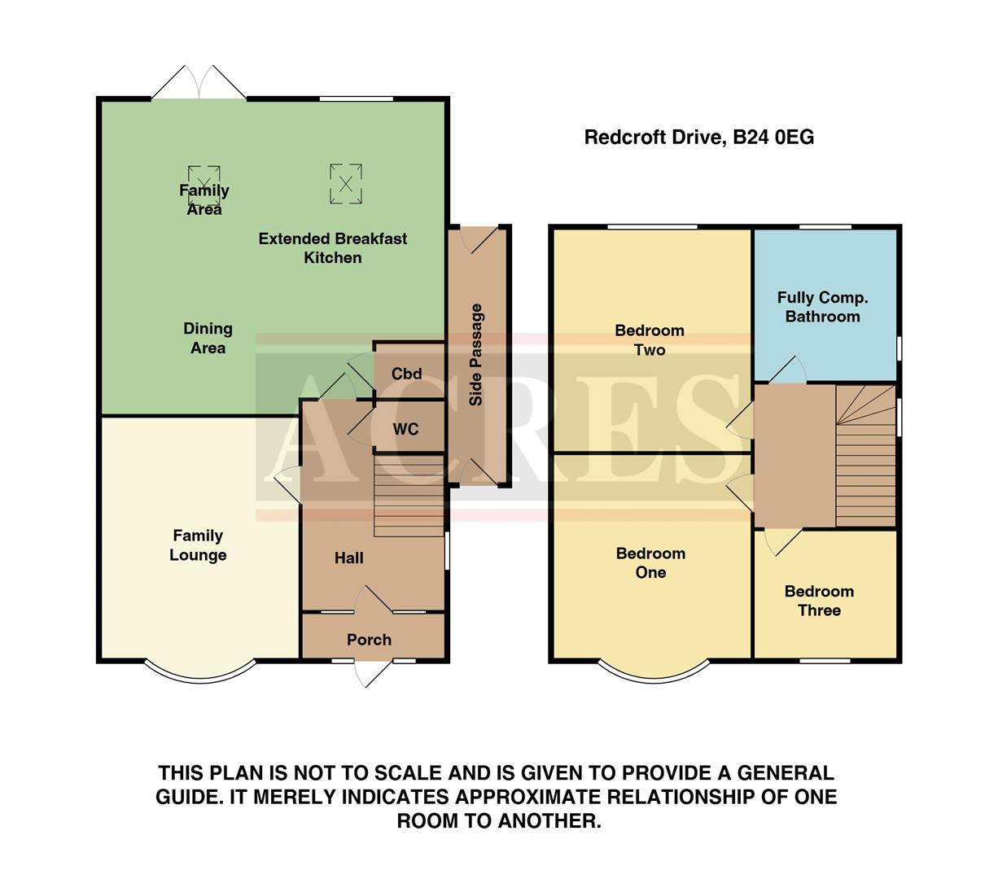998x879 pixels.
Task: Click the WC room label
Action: tap(405, 429)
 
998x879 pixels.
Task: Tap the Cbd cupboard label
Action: tap(406, 374)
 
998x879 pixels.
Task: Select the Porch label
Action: tap(369, 640)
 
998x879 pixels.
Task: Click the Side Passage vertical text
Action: tap(476, 355)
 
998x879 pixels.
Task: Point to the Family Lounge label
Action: tap(198, 545)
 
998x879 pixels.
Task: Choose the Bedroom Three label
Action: tap(819, 601)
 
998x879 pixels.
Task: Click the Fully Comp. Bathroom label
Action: tap(822, 307)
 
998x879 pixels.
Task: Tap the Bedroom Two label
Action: tap(650, 340)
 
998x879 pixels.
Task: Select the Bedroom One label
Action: tap(650, 562)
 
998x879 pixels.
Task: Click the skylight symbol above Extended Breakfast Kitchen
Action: tap(345, 184)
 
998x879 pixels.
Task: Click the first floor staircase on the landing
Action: tap(866, 456)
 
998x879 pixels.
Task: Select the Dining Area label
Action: tap(208, 338)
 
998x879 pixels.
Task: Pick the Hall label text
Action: tap(348, 558)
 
